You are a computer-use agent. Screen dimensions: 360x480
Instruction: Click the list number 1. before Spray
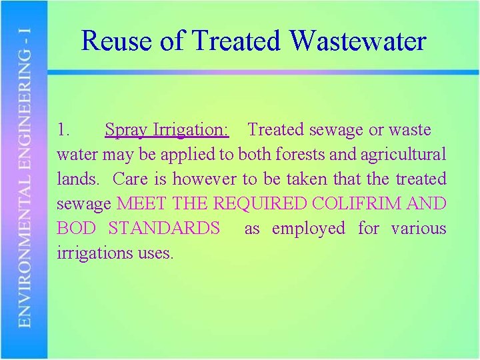pos(65,129)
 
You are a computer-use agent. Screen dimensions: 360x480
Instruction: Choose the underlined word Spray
pos(126,130)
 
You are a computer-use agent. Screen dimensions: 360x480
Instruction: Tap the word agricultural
pos(403,155)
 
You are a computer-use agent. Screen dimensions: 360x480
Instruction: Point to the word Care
pos(129,179)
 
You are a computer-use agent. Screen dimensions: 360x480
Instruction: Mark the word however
pos(204,179)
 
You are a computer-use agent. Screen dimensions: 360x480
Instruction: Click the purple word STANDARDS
pos(164,229)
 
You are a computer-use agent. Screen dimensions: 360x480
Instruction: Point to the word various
pos(419,229)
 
